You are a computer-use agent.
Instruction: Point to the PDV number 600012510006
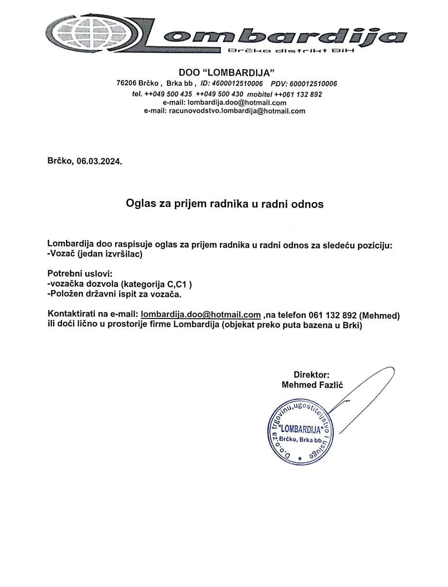pyautogui.click(x=313, y=83)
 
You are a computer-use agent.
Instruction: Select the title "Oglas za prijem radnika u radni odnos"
pyautogui.click(x=224, y=204)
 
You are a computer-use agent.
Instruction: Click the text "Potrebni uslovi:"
pyautogui.click(x=80, y=274)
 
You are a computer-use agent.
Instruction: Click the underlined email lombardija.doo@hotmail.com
pyautogui.click(x=201, y=315)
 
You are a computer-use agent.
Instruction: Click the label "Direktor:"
pyautogui.click(x=311, y=374)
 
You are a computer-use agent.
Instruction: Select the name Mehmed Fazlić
pyautogui.click(x=312, y=385)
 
